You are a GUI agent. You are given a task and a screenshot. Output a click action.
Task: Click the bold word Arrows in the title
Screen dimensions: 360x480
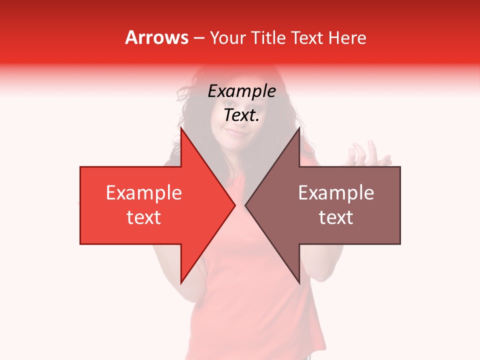click(x=156, y=37)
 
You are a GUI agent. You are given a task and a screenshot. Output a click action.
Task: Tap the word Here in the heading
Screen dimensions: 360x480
click(x=346, y=37)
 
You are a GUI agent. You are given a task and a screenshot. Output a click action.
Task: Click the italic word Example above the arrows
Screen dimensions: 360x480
click(x=241, y=91)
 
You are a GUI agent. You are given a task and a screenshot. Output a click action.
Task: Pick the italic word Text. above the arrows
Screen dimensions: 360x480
click(x=241, y=115)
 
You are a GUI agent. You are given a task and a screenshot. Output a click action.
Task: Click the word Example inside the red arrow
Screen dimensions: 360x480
click(x=144, y=192)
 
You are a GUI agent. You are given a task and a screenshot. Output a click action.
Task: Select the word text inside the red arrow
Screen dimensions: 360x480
click(x=144, y=217)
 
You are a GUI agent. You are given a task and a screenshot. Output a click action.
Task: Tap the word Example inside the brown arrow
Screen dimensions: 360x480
click(x=336, y=192)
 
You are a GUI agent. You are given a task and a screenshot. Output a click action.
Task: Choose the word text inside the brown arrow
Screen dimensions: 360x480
click(x=336, y=217)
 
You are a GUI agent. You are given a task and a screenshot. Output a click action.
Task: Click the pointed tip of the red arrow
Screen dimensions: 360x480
click(x=234, y=204)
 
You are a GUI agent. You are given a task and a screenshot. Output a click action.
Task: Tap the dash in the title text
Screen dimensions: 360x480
click(x=198, y=38)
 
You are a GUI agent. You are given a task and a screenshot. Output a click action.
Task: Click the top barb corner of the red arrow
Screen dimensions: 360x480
click(x=181, y=128)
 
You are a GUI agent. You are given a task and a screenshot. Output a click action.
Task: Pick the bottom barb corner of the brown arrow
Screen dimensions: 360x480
click(x=299, y=283)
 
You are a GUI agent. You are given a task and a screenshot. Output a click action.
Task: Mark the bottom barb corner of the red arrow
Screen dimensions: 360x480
click(x=181, y=283)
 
